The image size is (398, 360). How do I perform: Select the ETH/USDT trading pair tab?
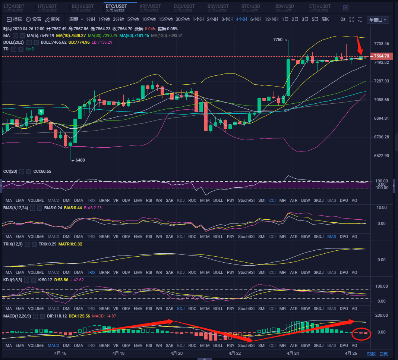[x=320, y=6]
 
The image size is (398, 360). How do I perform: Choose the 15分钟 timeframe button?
[x=166, y=19]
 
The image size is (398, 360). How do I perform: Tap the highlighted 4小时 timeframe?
[x=241, y=19]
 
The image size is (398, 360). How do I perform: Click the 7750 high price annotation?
[x=278, y=40]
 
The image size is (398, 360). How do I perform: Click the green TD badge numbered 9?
[x=41, y=112]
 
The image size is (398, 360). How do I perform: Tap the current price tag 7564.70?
[x=381, y=56]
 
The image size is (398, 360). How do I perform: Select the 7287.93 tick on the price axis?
[x=382, y=81]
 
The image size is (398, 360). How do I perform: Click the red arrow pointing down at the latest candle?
[x=360, y=47]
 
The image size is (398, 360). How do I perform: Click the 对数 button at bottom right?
[x=371, y=354]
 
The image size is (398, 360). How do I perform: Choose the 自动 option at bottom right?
[x=384, y=354]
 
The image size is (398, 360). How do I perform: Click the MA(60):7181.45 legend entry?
[x=135, y=35]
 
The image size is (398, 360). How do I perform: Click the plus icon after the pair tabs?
[x=346, y=7]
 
